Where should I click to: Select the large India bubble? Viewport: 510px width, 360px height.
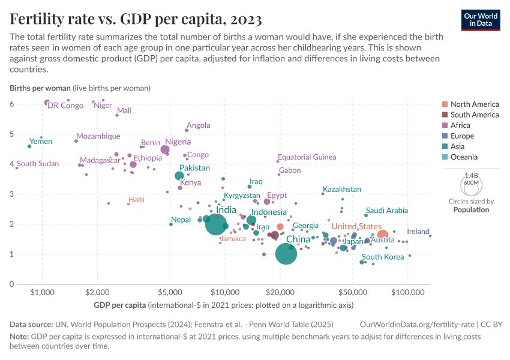coord(216,224)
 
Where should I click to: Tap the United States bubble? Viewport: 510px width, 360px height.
coord(382,235)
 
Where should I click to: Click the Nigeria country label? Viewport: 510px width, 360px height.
coord(178,142)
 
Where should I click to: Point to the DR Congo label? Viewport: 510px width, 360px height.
coord(65,106)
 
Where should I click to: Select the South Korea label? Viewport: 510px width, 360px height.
coord(383,257)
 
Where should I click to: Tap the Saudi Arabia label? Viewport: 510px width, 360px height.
coord(386,211)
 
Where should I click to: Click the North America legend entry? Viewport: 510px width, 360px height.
coord(474,104)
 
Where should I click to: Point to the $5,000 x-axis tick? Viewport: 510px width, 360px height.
coord(170,292)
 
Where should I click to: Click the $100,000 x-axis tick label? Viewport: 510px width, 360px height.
coord(407,292)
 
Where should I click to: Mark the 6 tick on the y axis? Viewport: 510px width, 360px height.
coord(11,104)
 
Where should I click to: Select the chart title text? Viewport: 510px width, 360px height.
coord(136,20)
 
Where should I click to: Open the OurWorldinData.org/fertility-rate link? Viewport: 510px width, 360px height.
coord(418,324)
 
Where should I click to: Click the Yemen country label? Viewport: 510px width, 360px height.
coord(41,142)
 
